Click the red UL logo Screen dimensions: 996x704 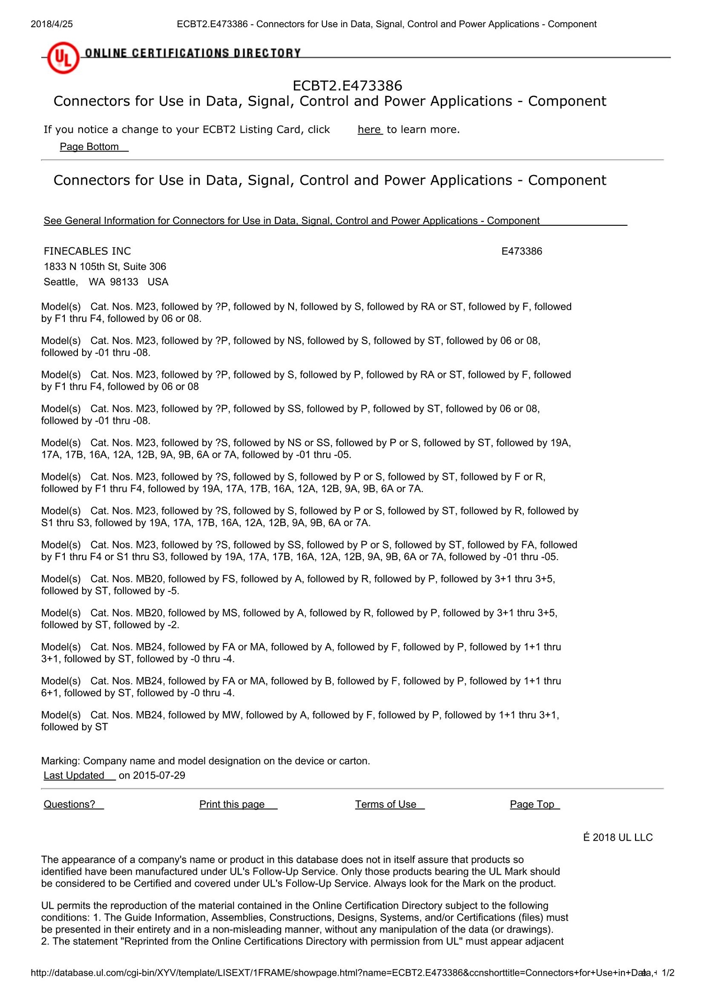coord(63,58)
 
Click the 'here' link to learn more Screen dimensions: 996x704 coord(369,130)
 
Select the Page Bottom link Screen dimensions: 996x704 coord(89,147)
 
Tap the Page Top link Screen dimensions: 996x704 coord(532,804)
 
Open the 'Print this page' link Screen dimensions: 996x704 coord(232,804)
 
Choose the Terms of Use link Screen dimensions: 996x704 coord(385,804)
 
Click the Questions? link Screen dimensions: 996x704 coord(69,804)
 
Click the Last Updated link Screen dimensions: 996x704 coord(74,775)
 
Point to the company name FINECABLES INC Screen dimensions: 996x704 coord(87,251)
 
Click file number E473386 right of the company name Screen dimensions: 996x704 coord(521,251)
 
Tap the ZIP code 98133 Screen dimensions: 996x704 coord(124,282)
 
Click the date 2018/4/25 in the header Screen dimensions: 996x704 coord(52,24)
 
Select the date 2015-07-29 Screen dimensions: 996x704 coord(159,775)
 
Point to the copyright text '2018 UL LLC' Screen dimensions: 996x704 coord(622,837)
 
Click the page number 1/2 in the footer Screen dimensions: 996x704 coord(668,973)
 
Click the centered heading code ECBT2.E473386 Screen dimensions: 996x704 coord(347,85)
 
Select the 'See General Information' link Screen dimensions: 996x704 coord(291,221)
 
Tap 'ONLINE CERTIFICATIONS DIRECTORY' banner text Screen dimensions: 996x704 coord(192,53)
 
